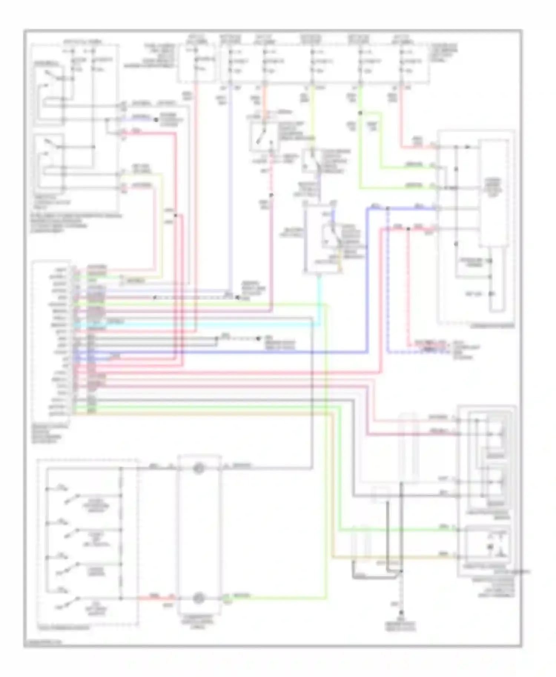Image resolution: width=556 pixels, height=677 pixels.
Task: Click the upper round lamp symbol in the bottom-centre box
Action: [199, 468]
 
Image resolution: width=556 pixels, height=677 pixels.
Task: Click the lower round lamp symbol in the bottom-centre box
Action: [199, 597]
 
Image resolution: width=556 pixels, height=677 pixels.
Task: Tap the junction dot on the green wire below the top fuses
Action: [360, 113]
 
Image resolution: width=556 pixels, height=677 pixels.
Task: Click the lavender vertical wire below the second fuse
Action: [230, 185]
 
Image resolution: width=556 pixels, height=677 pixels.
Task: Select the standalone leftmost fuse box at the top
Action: [196, 62]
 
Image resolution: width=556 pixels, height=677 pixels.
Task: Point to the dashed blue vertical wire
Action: [387, 281]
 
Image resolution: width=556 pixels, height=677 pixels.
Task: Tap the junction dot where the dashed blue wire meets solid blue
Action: [387, 209]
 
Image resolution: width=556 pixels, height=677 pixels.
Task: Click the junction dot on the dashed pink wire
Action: [271, 195]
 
